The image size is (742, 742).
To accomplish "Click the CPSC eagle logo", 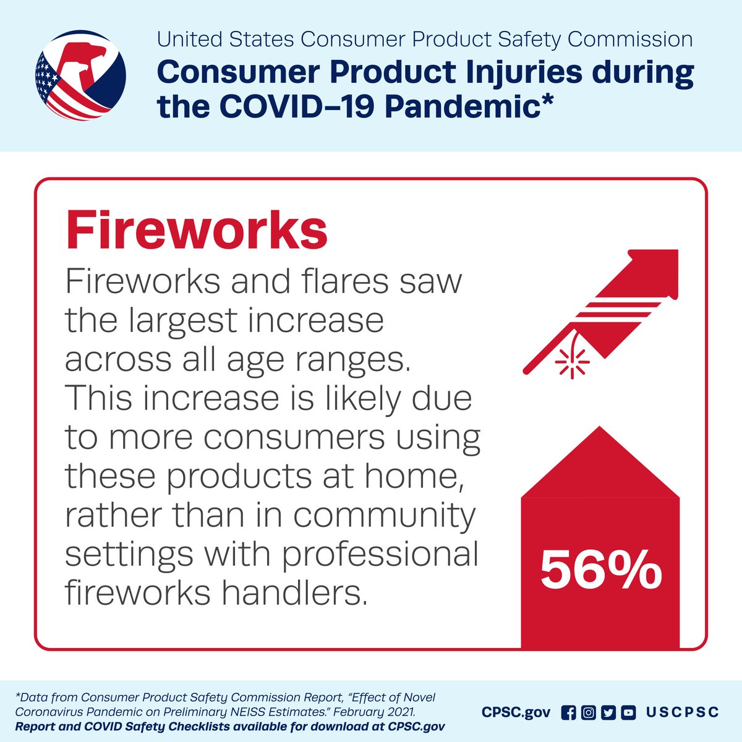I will click(81, 75).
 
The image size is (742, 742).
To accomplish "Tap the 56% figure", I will click(600, 570).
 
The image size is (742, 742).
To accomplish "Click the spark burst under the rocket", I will click(572, 362).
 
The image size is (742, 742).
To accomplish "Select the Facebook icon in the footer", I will click(568, 712).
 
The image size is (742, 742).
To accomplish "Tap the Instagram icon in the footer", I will click(588, 712).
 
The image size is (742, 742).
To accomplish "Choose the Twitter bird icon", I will click(608, 712).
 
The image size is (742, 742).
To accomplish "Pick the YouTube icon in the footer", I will click(628, 712).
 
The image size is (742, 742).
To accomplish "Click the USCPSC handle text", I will click(682, 712).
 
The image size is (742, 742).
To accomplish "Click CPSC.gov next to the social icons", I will click(516, 712).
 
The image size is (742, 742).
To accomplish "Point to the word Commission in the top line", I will click(629, 40).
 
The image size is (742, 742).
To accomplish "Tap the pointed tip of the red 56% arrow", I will click(600, 428).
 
